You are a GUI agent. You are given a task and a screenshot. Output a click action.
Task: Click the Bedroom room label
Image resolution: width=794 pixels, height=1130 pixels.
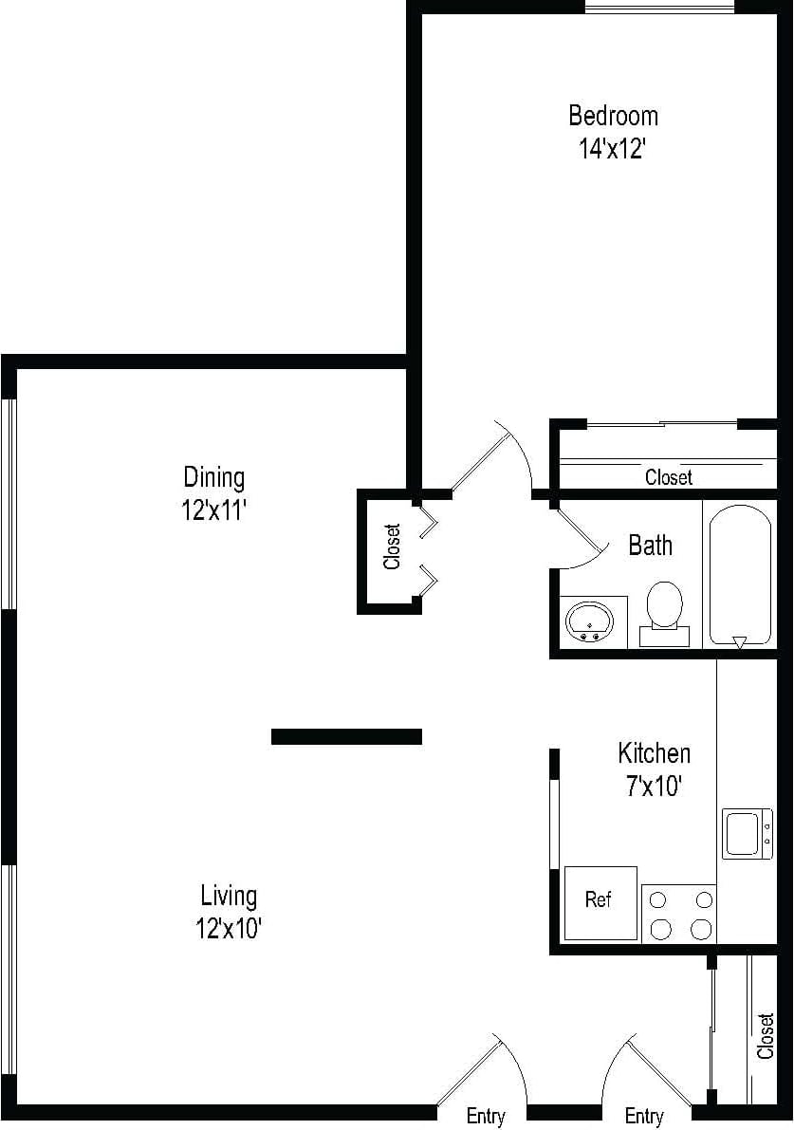pyautogui.click(x=613, y=116)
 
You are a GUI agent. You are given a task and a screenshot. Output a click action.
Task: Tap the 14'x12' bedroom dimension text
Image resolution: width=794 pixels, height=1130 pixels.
pyautogui.click(x=613, y=149)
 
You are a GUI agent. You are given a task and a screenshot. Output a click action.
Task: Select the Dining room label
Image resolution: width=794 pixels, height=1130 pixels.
pyautogui.click(x=213, y=476)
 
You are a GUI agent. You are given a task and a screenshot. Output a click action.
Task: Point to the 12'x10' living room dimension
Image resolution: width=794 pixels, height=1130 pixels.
pyautogui.click(x=229, y=929)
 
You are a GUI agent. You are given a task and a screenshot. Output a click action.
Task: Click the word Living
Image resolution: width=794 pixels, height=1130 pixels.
pyautogui.click(x=229, y=895)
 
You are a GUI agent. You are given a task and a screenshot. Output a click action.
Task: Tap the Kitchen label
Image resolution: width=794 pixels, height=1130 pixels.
pyautogui.click(x=654, y=753)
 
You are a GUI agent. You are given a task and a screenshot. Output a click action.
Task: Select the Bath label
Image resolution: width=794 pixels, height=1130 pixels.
pyautogui.click(x=650, y=546)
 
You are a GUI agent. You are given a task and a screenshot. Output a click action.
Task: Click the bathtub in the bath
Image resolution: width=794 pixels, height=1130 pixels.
pyautogui.click(x=740, y=575)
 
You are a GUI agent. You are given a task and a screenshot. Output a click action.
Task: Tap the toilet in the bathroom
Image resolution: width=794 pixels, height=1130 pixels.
pyautogui.click(x=664, y=607)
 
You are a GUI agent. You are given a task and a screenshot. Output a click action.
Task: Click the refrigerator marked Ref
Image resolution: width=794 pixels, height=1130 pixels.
pyautogui.click(x=600, y=901)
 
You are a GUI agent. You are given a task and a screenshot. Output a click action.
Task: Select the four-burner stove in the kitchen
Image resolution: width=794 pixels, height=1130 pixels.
pyautogui.click(x=678, y=914)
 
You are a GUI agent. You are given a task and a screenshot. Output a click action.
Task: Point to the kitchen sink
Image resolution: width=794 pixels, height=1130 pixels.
pyautogui.click(x=746, y=833)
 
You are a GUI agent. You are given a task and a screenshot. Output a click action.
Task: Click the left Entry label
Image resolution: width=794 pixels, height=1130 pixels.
pyautogui.click(x=486, y=1117)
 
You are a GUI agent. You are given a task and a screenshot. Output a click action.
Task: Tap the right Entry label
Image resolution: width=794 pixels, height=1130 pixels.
pyautogui.click(x=644, y=1117)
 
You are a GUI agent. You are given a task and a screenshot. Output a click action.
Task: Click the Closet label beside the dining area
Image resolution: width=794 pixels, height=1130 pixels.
pyautogui.click(x=393, y=547)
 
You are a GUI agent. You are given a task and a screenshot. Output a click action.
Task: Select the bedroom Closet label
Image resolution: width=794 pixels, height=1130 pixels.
pyautogui.click(x=668, y=477)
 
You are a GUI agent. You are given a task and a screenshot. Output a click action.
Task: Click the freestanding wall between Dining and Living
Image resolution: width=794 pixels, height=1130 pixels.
pyautogui.click(x=346, y=736)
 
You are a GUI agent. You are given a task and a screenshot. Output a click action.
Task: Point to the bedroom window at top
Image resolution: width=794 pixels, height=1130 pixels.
pyautogui.click(x=659, y=9)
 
